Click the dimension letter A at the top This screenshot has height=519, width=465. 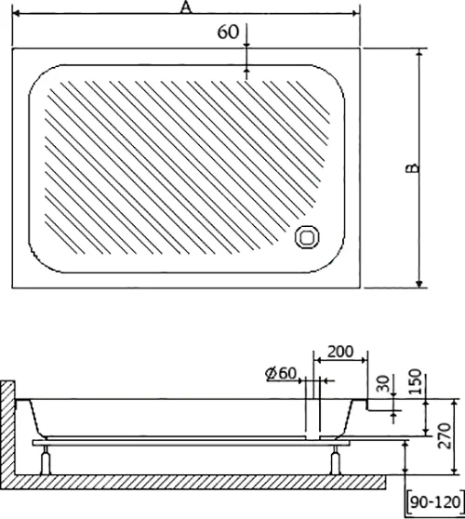[x=187, y=8]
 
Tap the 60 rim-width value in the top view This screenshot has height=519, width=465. [x=227, y=31]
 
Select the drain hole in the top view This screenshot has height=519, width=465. [x=304, y=238]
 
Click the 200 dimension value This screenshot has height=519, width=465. [x=341, y=353]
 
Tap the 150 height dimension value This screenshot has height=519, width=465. [x=416, y=382]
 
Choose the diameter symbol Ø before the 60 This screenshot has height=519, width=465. [x=269, y=373]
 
